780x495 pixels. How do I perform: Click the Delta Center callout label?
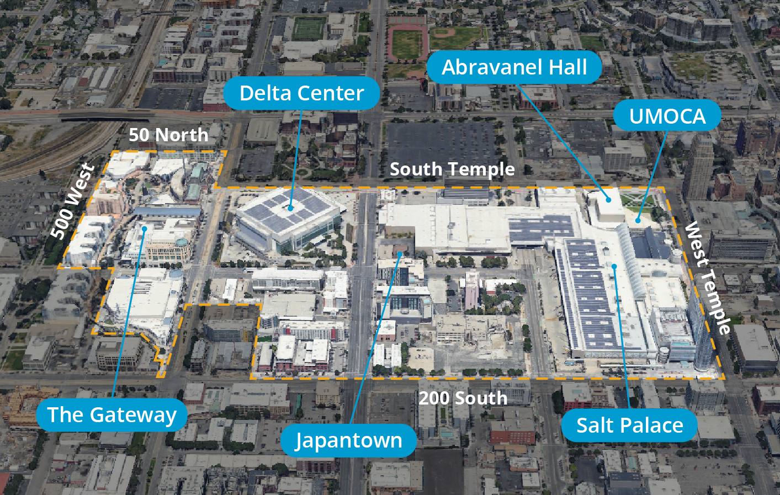(x=301, y=93)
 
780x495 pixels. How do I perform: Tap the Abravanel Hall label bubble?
(x=514, y=67)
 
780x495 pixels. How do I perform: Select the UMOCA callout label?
(x=667, y=116)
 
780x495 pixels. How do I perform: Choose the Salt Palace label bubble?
(x=629, y=425)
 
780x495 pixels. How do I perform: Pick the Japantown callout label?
(x=348, y=440)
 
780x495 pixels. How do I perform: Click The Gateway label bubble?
(x=112, y=414)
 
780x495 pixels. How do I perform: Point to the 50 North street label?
(x=168, y=135)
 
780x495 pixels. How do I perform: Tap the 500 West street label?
(x=72, y=201)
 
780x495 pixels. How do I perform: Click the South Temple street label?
(x=452, y=169)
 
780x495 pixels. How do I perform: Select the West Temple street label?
(x=708, y=278)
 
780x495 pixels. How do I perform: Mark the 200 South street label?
(x=463, y=398)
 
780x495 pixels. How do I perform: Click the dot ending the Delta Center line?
(x=290, y=208)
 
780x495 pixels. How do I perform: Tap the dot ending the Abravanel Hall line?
(x=608, y=199)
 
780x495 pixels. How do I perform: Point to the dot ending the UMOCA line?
(x=638, y=221)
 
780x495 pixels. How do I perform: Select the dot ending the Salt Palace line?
(x=614, y=267)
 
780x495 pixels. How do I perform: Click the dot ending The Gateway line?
(x=144, y=228)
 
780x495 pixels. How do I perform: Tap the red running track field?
(x=407, y=43)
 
